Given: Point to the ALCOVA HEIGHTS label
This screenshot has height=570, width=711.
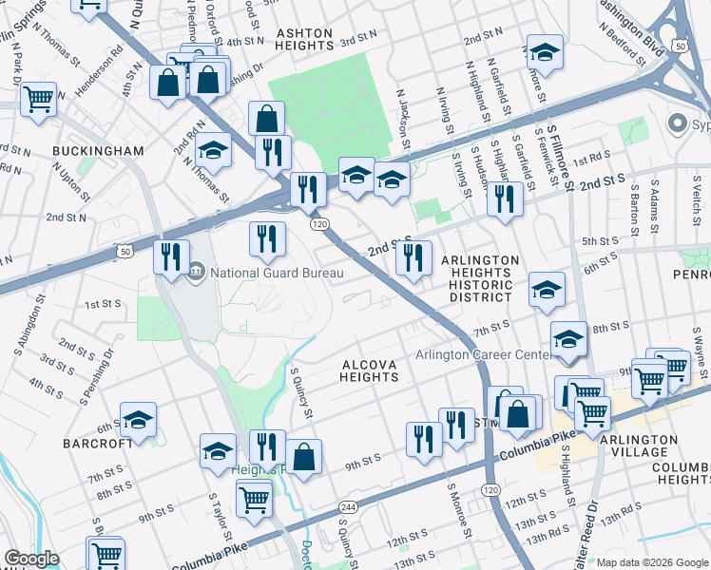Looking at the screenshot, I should click(369, 370).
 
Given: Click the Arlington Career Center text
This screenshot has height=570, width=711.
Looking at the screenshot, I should click(483, 355).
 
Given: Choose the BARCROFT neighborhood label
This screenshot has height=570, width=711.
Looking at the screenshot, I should click(92, 442).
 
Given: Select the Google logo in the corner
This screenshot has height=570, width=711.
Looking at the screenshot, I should click(32, 559).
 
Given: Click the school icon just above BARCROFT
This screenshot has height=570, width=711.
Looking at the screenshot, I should click(139, 420).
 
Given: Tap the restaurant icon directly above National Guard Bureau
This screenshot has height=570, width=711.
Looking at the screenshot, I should click(267, 239).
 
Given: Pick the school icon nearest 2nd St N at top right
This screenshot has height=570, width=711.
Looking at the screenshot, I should click(545, 51).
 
